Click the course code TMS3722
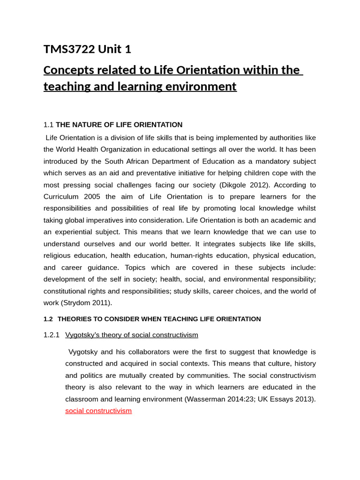point(68,49)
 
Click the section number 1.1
point(48,125)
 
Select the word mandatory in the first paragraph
point(265,161)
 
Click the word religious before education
point(60,255)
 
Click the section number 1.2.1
point(52,335)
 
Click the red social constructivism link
point(98,411)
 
